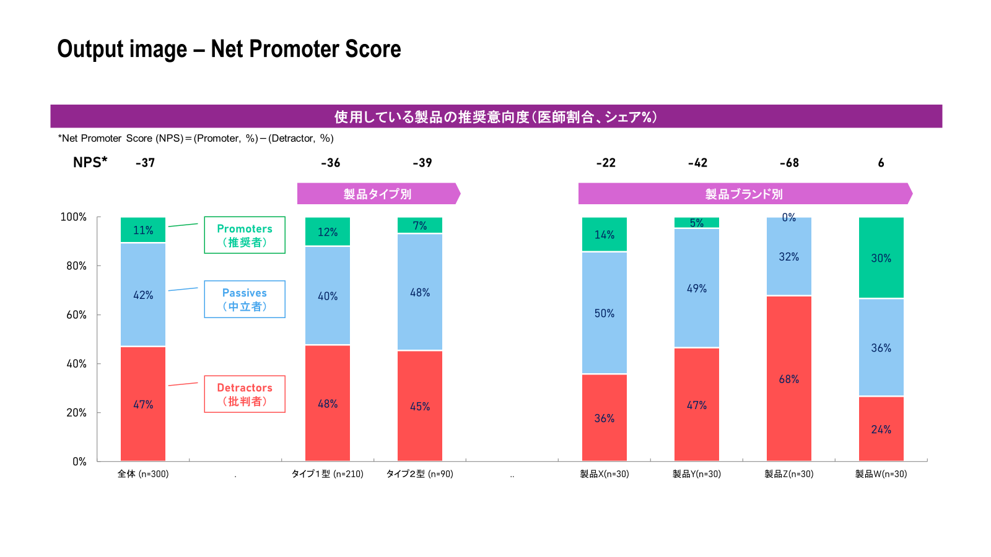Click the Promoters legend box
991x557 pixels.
pos(245,235)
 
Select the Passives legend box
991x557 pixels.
pos(245,300)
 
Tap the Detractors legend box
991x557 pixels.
pos(245,394)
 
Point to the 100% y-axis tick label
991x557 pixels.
pos(74,217)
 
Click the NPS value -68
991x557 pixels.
pos(789,163)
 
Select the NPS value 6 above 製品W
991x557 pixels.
pos(881,163)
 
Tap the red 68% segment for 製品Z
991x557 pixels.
pos(789,378)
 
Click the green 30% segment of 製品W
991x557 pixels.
pos(881,257)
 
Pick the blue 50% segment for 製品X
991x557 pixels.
pos(605,313)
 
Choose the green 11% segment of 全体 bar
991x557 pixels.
pos(143,230)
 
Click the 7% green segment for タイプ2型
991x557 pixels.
pos(420,225)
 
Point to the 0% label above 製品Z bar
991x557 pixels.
pos(789,217)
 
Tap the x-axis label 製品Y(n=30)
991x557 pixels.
pos(697,474)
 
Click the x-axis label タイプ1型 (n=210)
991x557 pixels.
pos(328,474)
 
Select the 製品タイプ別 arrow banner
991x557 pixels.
pos(378,194)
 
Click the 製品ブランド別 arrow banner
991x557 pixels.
pos(746,194)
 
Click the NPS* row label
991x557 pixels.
pos(90,162)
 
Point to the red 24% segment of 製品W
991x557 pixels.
pos(881,429)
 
